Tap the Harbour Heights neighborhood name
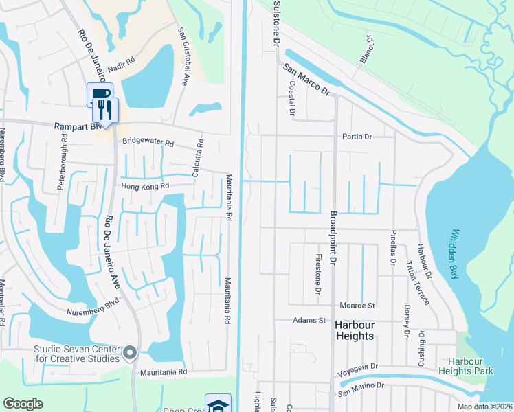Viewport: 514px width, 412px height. [x=355, y=330]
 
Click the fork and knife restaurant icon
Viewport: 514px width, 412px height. [x=105, y=109]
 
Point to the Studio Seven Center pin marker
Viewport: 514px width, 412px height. [x=131, y=354]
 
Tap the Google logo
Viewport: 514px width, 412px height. [x=23, y=404]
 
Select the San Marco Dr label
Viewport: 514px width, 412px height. [x=306, y=80]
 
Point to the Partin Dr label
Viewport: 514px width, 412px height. [x=357, y=137]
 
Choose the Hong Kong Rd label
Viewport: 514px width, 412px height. [x=145, y=186]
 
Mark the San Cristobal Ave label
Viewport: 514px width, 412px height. [x=183, y=56]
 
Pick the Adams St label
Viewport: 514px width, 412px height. [x=308, y=320]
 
